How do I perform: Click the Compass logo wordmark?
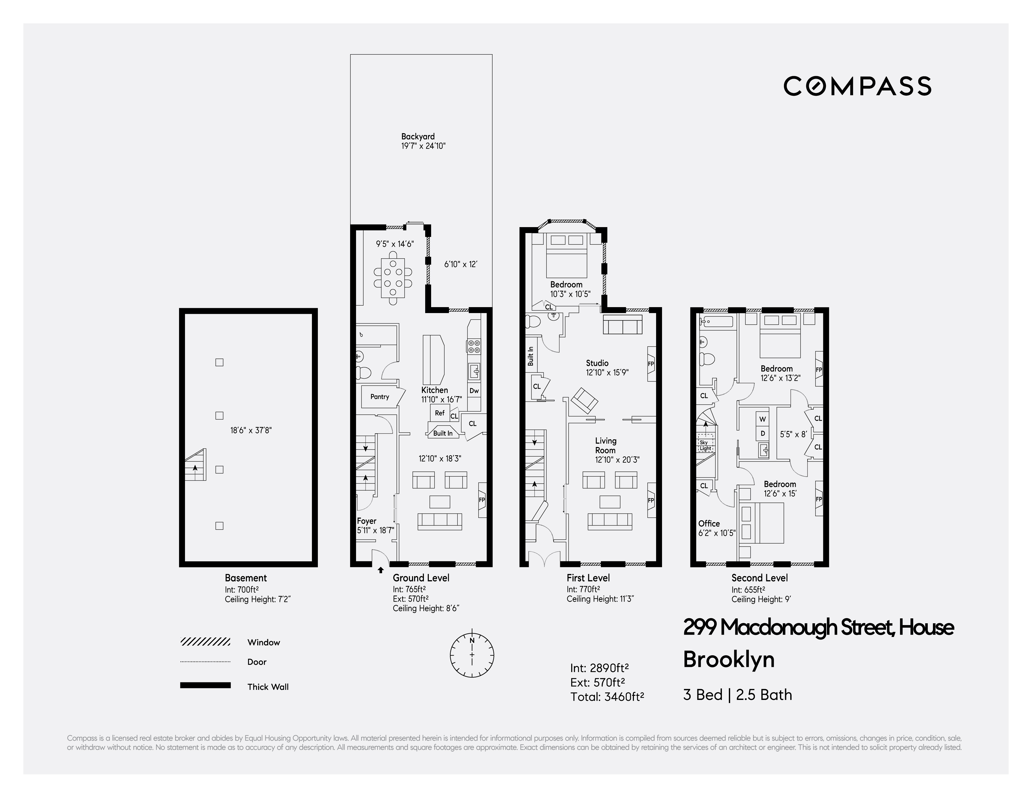click(857, 86)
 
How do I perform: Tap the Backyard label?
click(418, 137)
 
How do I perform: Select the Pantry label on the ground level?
click(380, 397)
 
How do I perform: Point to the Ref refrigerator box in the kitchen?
click(439, 413)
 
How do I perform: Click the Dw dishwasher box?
click(474, 390)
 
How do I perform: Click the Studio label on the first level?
click(597, 363)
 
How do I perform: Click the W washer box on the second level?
click(762, 419)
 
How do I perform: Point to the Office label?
click(709, 523)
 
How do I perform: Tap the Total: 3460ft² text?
click(607, 697)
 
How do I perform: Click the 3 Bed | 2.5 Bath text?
click(737, 695)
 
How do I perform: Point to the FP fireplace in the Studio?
click(651, 364)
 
